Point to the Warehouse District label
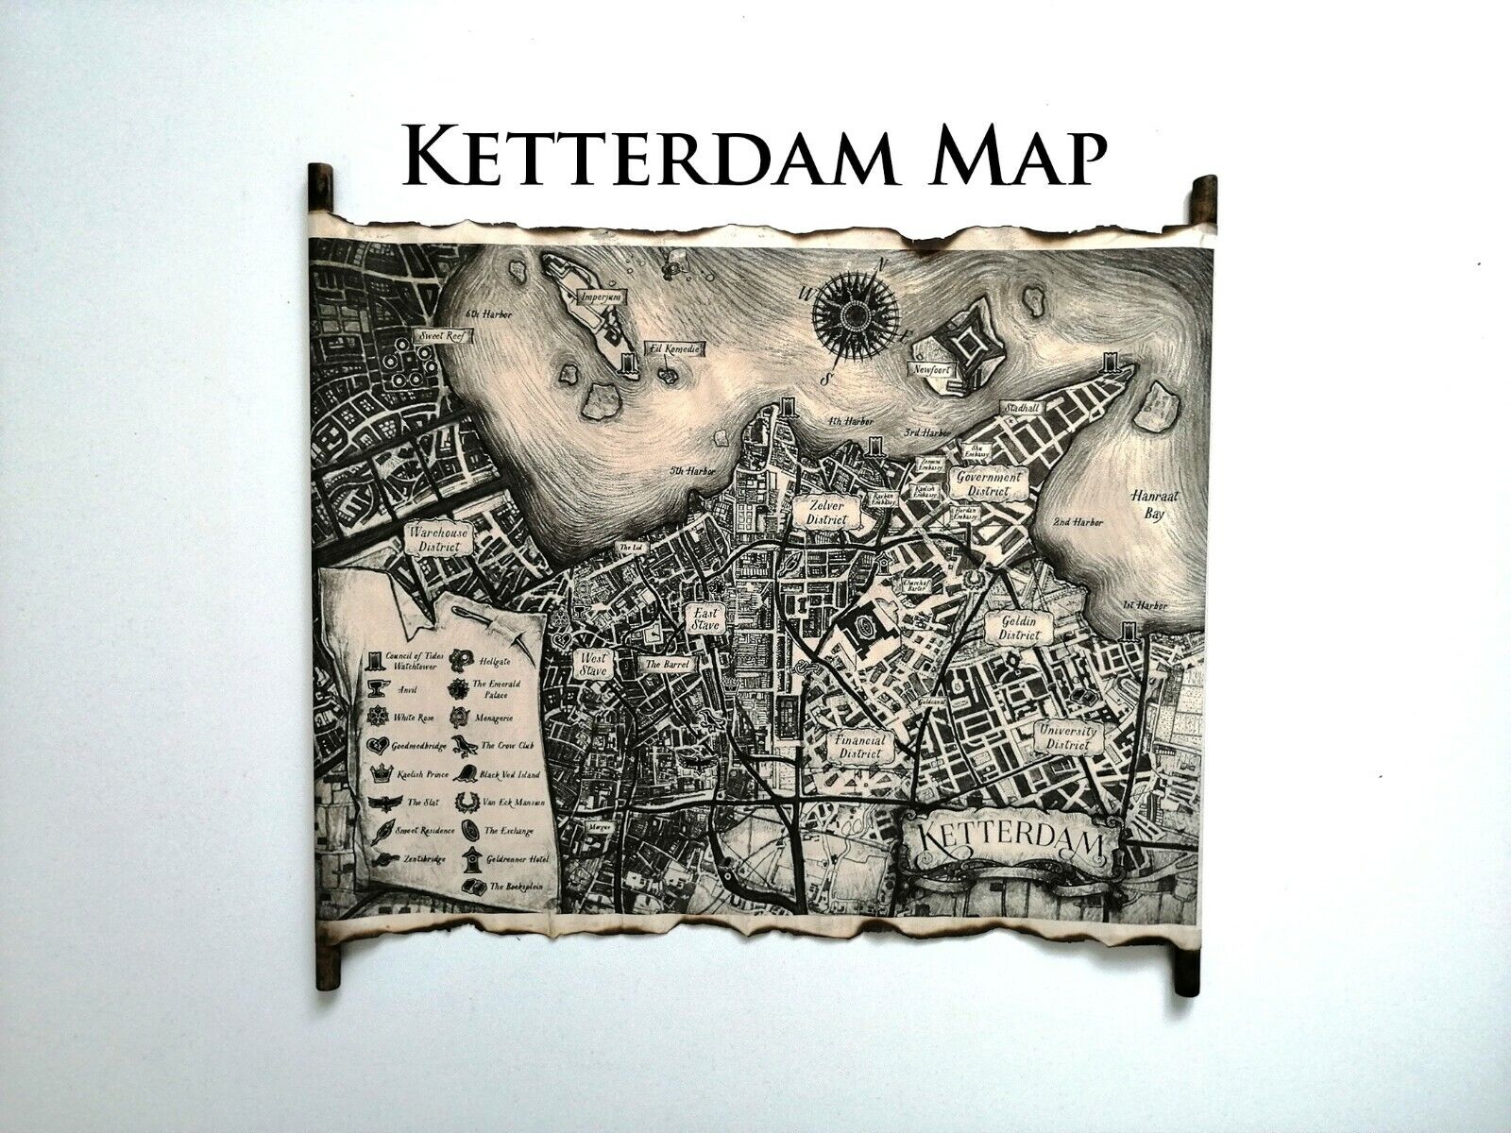tap(436, 539)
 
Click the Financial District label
tap(860, 747)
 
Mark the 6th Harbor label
tap(488, 316)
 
